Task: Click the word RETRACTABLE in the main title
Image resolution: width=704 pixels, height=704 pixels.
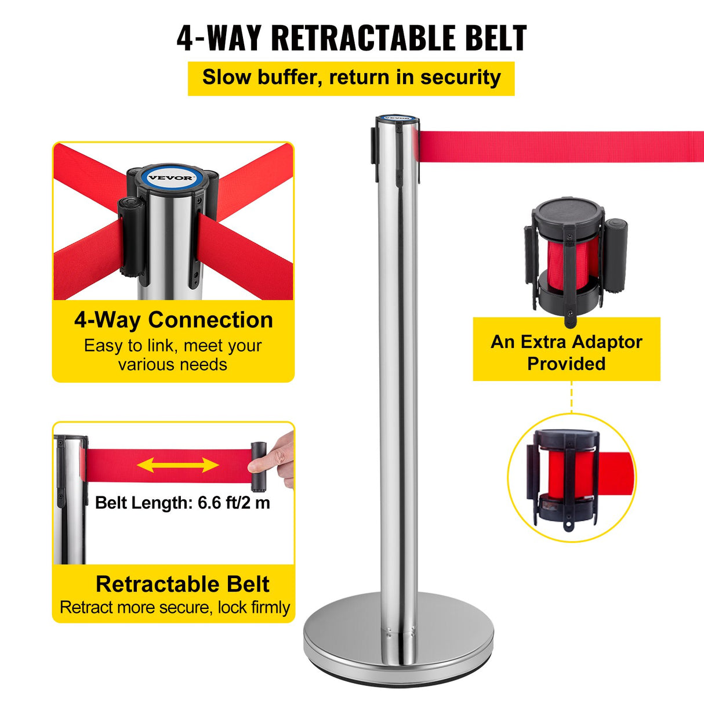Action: pos(363,38)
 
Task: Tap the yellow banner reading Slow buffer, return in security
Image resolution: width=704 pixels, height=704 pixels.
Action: pos(351,78)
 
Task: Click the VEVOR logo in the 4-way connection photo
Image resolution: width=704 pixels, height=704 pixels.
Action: pos(170,178)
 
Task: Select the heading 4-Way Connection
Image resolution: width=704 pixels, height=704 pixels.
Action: pos(173,320)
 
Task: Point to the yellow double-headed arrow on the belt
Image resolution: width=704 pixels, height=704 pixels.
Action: pos(178,465)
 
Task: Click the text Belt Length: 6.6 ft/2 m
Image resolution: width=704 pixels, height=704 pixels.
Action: pos(183,502)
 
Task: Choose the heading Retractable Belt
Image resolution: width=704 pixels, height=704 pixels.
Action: pos(182,584)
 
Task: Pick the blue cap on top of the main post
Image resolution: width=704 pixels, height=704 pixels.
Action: pos(397,119)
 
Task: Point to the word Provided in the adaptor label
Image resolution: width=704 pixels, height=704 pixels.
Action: pos(567,364)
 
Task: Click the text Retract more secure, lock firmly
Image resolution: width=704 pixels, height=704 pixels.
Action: pos(175,607)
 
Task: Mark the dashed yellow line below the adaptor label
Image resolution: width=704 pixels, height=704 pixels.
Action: pos(571,397)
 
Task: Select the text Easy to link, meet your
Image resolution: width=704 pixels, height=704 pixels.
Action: pos(173,346)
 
